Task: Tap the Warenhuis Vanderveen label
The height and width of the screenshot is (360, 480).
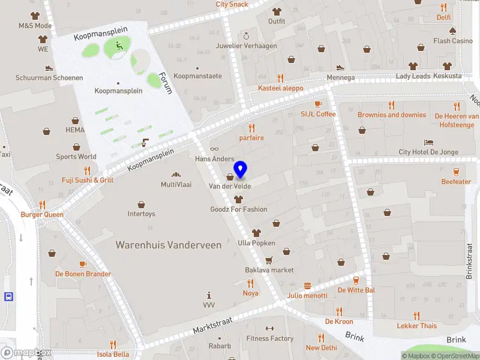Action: [169, 245]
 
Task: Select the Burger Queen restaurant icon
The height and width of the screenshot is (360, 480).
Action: [42, 205]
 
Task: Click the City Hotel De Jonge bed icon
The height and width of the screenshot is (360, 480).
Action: [428, 142]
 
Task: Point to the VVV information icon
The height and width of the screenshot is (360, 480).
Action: [209, 295]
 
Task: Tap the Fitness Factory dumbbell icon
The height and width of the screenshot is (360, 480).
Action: [269, 329]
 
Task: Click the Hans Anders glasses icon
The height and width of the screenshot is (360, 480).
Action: [214, 149]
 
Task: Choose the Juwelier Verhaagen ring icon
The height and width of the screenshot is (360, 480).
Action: [246, 36]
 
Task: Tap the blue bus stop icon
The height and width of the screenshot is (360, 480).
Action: [9, 296]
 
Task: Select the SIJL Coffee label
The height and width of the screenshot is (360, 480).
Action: [318, 114]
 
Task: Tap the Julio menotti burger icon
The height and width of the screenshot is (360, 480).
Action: [308, 286]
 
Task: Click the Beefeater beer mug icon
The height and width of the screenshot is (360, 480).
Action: [456, 172]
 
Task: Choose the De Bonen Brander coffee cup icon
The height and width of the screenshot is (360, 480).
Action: [83, 264]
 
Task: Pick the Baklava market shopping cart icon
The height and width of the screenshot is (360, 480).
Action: [269, 260]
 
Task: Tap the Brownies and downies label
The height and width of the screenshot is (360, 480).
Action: [392, 115]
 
